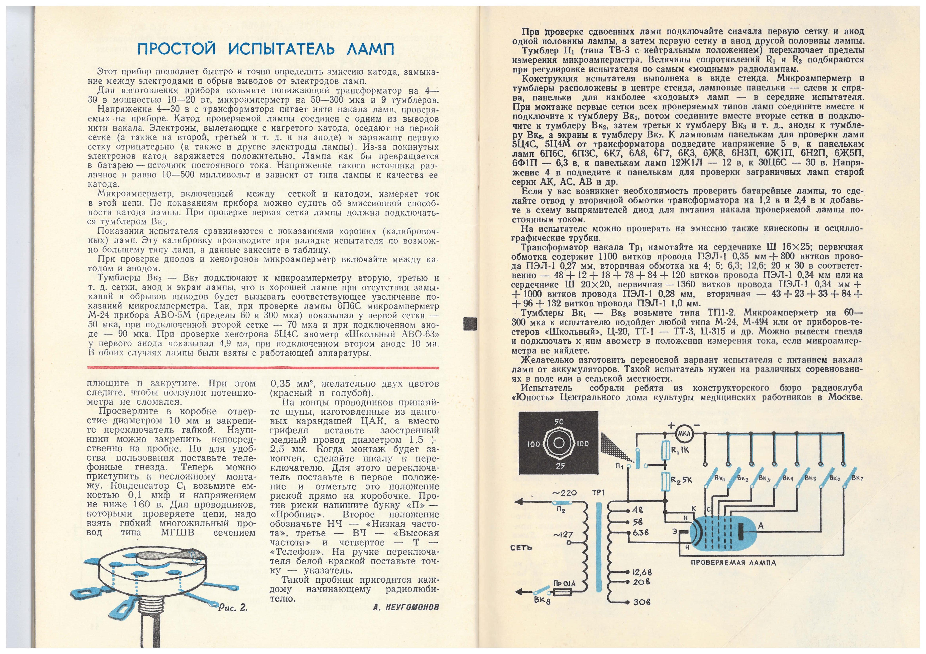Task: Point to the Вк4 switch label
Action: point(788,478)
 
